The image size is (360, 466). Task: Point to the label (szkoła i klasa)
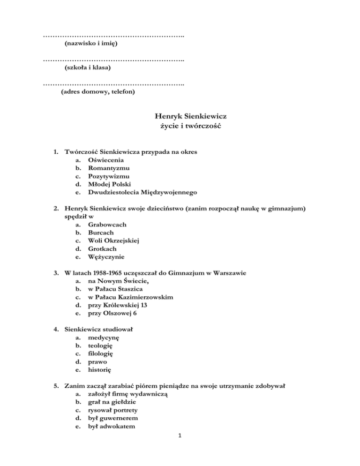88,68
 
